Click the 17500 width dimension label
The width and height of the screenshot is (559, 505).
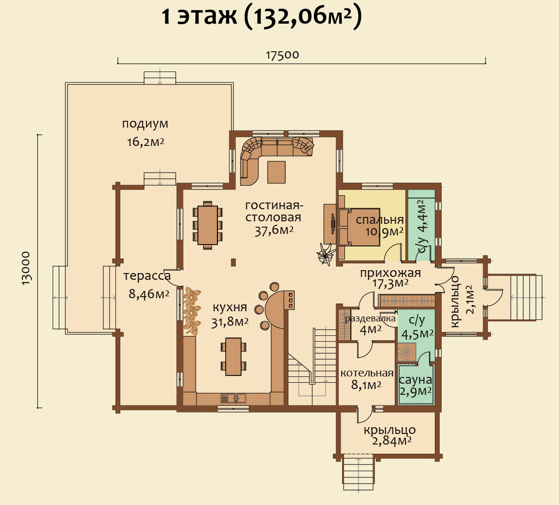(282, 55)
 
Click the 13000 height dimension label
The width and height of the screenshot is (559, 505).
(26, 268)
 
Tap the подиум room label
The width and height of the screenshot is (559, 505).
(145, 124)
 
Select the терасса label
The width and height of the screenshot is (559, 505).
(147, 276)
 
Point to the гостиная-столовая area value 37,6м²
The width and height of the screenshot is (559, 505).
(274, 231)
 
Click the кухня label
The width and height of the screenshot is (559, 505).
(229, 307)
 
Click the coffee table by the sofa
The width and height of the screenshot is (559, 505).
(276, 172)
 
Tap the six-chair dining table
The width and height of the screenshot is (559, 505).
(208, 225)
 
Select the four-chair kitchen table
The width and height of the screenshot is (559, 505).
(233, 357)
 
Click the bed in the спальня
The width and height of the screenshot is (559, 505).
(359, 227)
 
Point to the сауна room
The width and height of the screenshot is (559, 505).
(416, 385)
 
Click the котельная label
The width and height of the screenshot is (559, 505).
(367, 374)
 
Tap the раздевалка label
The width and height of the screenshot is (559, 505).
(371, 318)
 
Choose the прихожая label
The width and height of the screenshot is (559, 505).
(390, 273)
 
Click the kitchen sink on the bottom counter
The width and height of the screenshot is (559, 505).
(234, 398)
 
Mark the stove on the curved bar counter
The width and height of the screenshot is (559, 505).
(289, 300)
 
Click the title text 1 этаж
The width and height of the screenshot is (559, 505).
(199, 16)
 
